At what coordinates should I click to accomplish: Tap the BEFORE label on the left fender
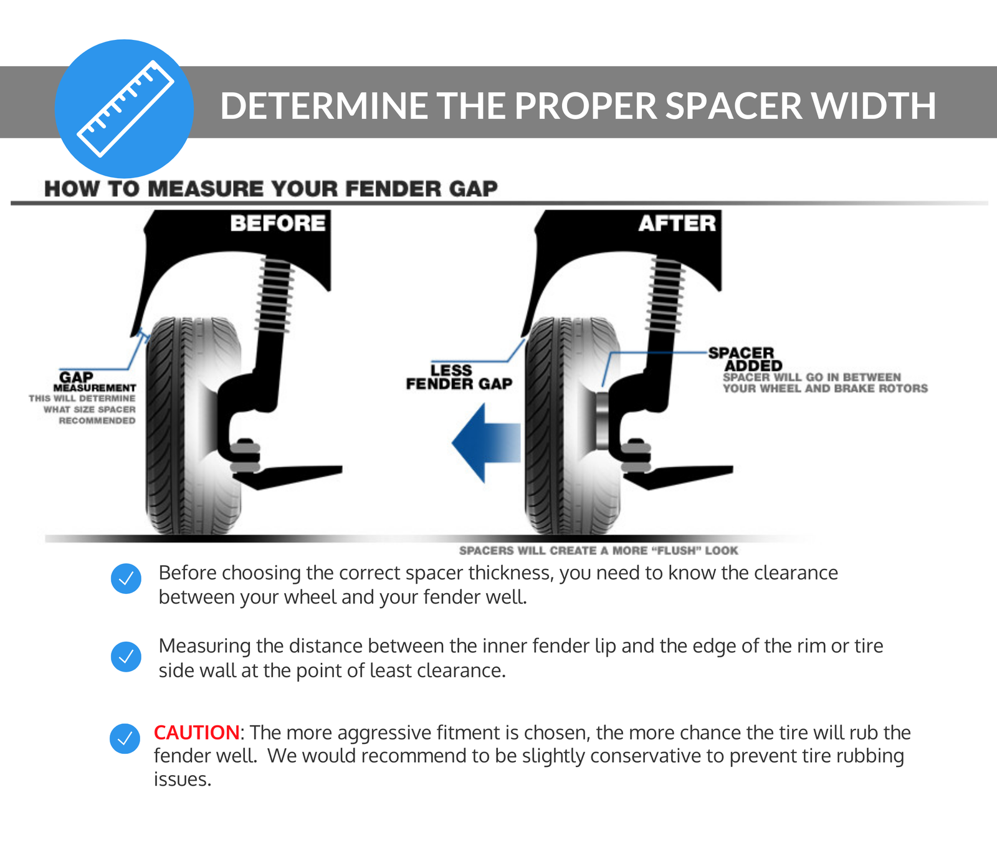[277, 223]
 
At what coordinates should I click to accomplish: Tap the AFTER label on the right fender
[677, 223]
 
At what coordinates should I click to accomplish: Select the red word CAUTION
[196, 732]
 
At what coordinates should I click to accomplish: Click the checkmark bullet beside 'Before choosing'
[126, 579]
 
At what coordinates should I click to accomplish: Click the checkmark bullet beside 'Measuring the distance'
[126, 657]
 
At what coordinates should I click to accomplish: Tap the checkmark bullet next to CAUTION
[125, 738]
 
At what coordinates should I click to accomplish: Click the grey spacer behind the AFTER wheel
[602, 421]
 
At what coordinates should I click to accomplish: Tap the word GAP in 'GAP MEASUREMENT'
[76, 377]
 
